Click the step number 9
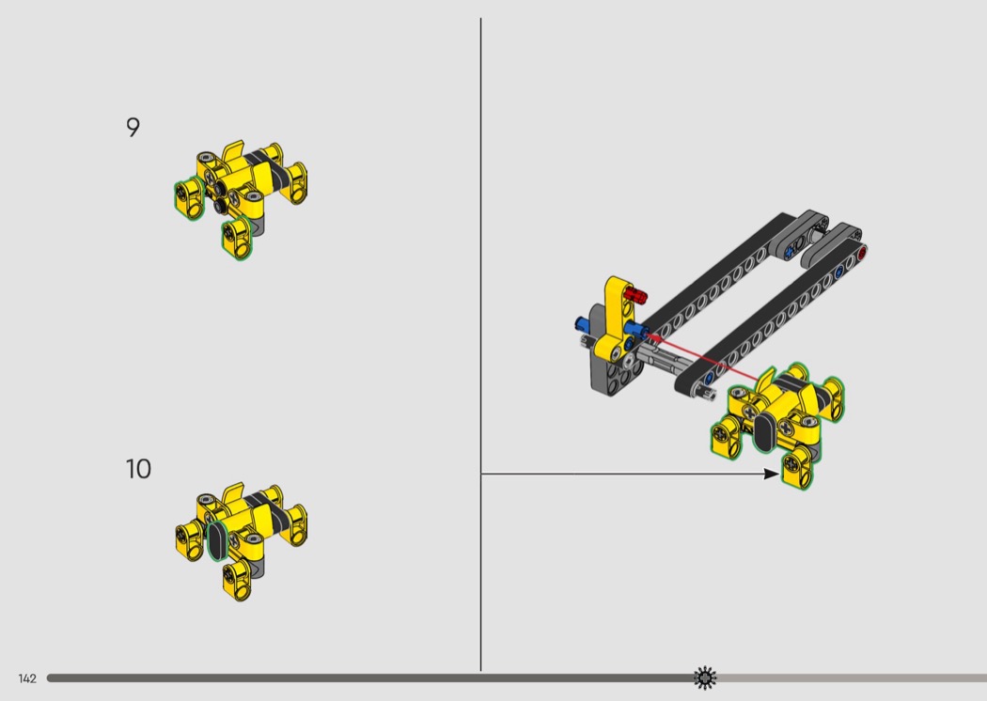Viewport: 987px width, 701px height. [x=133, y=127]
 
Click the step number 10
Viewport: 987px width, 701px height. [x=138, y=469]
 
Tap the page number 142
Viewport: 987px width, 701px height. [x=27, y=678]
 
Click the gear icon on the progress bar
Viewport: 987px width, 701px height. [x=704, y=678]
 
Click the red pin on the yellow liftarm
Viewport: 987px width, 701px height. [x=635, y=294]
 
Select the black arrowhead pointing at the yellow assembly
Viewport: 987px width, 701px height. [x=771, y=474]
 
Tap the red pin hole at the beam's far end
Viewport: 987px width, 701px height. [x=862, y=253]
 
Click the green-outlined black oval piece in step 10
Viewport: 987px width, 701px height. [x=216, y=540]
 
